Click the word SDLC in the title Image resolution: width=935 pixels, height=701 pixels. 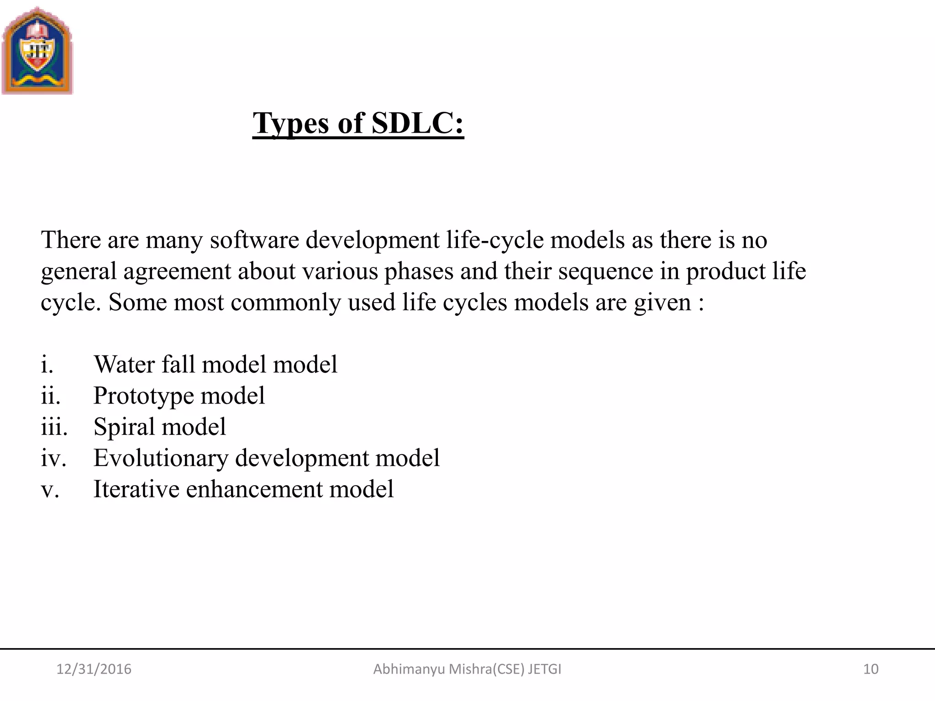pyautogui.click(x=417, y=123)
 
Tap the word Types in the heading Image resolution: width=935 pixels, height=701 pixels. pyautogui.click(x=291, y=123)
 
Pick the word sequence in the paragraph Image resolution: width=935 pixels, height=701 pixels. pyautogui.click(x=605, y=271)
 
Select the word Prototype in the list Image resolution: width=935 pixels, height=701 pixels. pyautogui.click(x=144, y=396)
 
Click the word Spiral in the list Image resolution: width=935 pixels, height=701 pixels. pyautogui.click(x=124, y=427)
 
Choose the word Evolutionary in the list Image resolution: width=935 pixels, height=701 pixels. pyautogui.click(x=161, y=458)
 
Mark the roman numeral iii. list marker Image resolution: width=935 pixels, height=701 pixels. pyautogui.click(x=54, y=427)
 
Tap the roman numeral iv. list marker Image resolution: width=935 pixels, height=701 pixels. pyautogui.click(x=53, y=458)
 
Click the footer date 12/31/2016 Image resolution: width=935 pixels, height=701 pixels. pyautogui.click(x=94, y=669)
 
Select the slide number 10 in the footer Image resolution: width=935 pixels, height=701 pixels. pyautogui.click(x=871, y=669)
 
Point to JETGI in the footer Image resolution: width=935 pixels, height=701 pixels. pyautogui.click(x=545, y=669)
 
